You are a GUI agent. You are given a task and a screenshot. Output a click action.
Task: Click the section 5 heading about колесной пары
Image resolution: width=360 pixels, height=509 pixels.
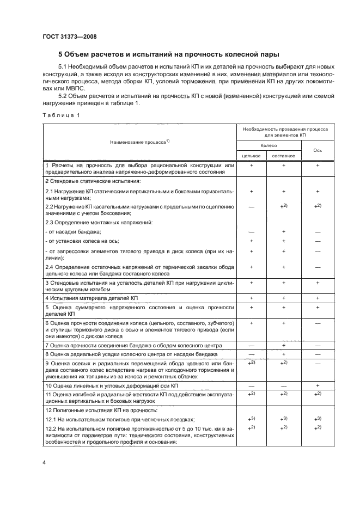[169, 54]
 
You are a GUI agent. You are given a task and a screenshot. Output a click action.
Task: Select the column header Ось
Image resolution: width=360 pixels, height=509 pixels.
[317, 150]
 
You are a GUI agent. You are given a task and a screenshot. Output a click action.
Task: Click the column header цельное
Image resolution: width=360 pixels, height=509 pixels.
[251, 156]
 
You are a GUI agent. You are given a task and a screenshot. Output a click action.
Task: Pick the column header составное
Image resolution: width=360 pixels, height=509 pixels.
[284, 156]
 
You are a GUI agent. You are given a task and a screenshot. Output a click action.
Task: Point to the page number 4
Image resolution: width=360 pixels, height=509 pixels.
[44, 462]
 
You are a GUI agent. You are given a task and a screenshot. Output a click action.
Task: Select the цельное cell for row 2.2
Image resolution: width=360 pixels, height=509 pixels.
[251, 207]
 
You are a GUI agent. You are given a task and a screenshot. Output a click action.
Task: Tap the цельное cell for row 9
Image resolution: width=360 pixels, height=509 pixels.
[251, 363]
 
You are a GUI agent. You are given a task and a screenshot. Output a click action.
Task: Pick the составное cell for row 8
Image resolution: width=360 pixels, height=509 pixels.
[284, 354]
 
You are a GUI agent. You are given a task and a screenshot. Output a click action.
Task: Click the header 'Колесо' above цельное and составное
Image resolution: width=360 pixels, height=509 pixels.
[267, 146]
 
